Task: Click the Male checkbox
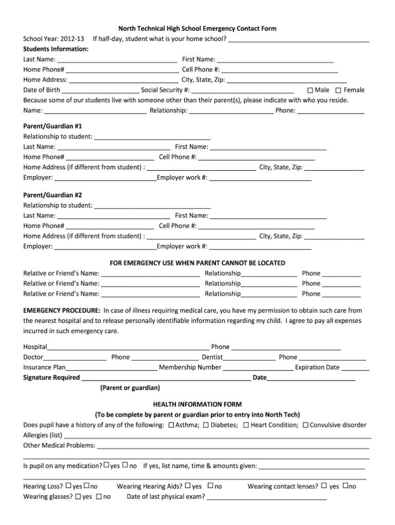pyautogui.click(x=310, y=90)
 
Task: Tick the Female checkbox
pyautogui.click(x=338, y=90)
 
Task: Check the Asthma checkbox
pyautogui.click(x=171, y=425)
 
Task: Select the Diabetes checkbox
pyautogui.click(x=206, y=425)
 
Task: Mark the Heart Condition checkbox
pyautogui.click(x=246, y=425)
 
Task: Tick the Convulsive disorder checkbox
pyautogui.click(x=306, y=425)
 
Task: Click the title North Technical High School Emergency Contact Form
pyautogui.click(x=197, y=29)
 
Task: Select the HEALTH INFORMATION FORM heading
pyautogui.click(x=197, y=404)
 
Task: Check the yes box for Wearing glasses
pyautogui.click(x=78, y=497)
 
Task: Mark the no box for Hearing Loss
pyautogui.click(x=86, y=486)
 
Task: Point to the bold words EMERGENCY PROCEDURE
pyautogui.click(x=62, y=311)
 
